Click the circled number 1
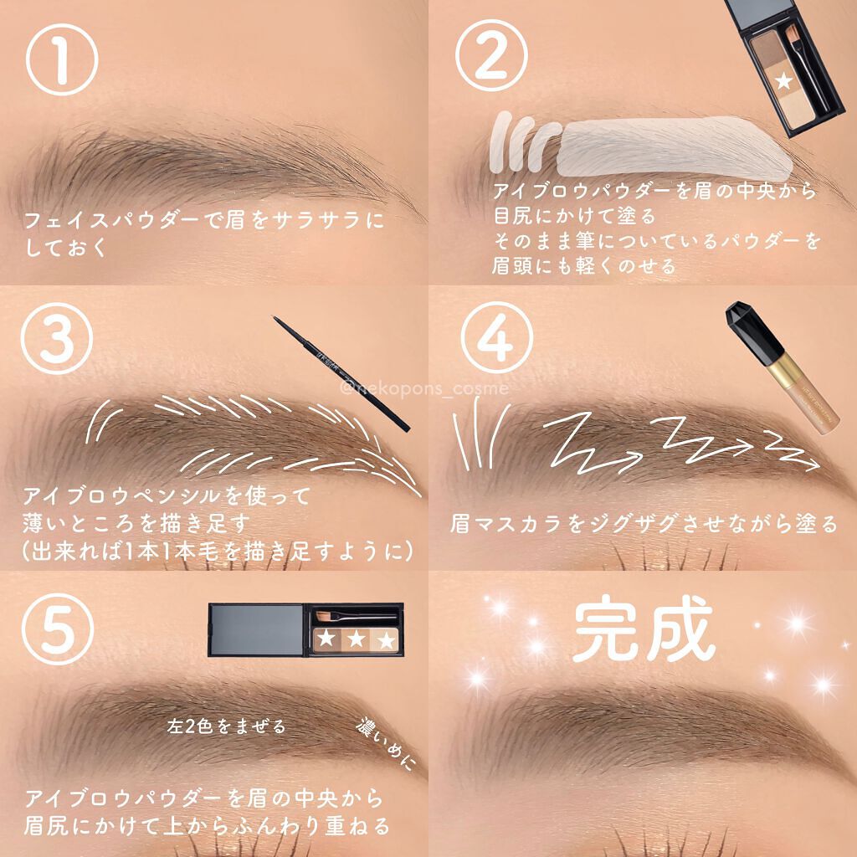(x=62, y=59)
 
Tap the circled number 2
(x=491, y=55)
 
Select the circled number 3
(x=58, y=338)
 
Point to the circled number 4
(x=497, y=337)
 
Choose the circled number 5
(x=58, y=629)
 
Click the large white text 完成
(x=644, y=629)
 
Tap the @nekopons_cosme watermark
(x=423, y=388)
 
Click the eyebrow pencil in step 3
(x=341, y=374)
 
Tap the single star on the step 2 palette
(x=783, y=81)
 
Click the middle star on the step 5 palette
(x=357, y=639)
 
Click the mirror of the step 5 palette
(x=256, y=629)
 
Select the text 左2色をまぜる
(x=226, y=726)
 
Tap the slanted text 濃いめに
(x=386, y=744)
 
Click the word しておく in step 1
(x=67, y=248)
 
